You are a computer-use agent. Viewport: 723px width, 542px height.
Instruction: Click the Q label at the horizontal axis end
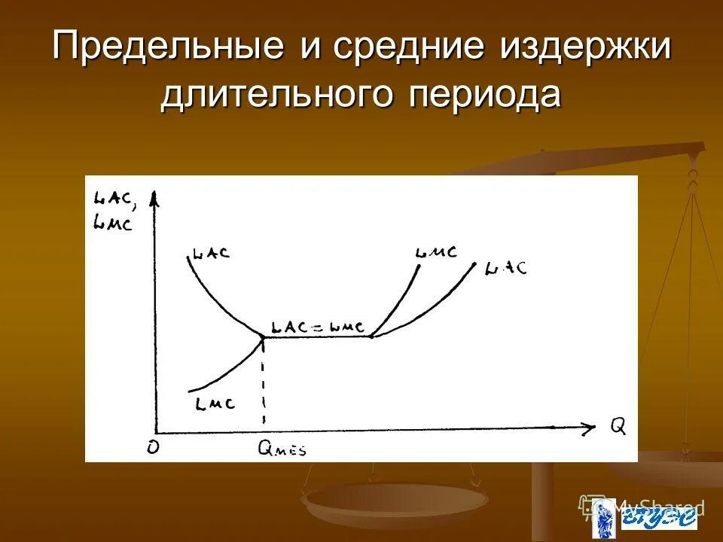(618, 427)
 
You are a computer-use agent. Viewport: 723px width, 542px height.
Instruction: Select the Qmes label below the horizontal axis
(282, 449)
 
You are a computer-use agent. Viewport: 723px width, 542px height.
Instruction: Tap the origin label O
(153, 446)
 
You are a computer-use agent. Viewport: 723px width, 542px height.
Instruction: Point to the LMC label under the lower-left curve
(215, 403)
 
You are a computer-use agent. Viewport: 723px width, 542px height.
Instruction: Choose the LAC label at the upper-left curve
(211, 252)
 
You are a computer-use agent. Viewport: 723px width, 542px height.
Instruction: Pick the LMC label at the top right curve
(436, 252)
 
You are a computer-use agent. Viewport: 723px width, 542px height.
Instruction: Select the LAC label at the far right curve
(506, 268)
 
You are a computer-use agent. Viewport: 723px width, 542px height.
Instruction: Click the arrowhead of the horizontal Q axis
(587, 428)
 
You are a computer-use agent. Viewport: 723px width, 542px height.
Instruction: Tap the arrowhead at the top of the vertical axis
(154, 197)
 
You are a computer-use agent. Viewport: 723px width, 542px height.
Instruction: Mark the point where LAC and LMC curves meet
(263, 337)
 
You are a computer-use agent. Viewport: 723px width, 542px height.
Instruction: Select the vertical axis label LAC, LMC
(112, 211)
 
